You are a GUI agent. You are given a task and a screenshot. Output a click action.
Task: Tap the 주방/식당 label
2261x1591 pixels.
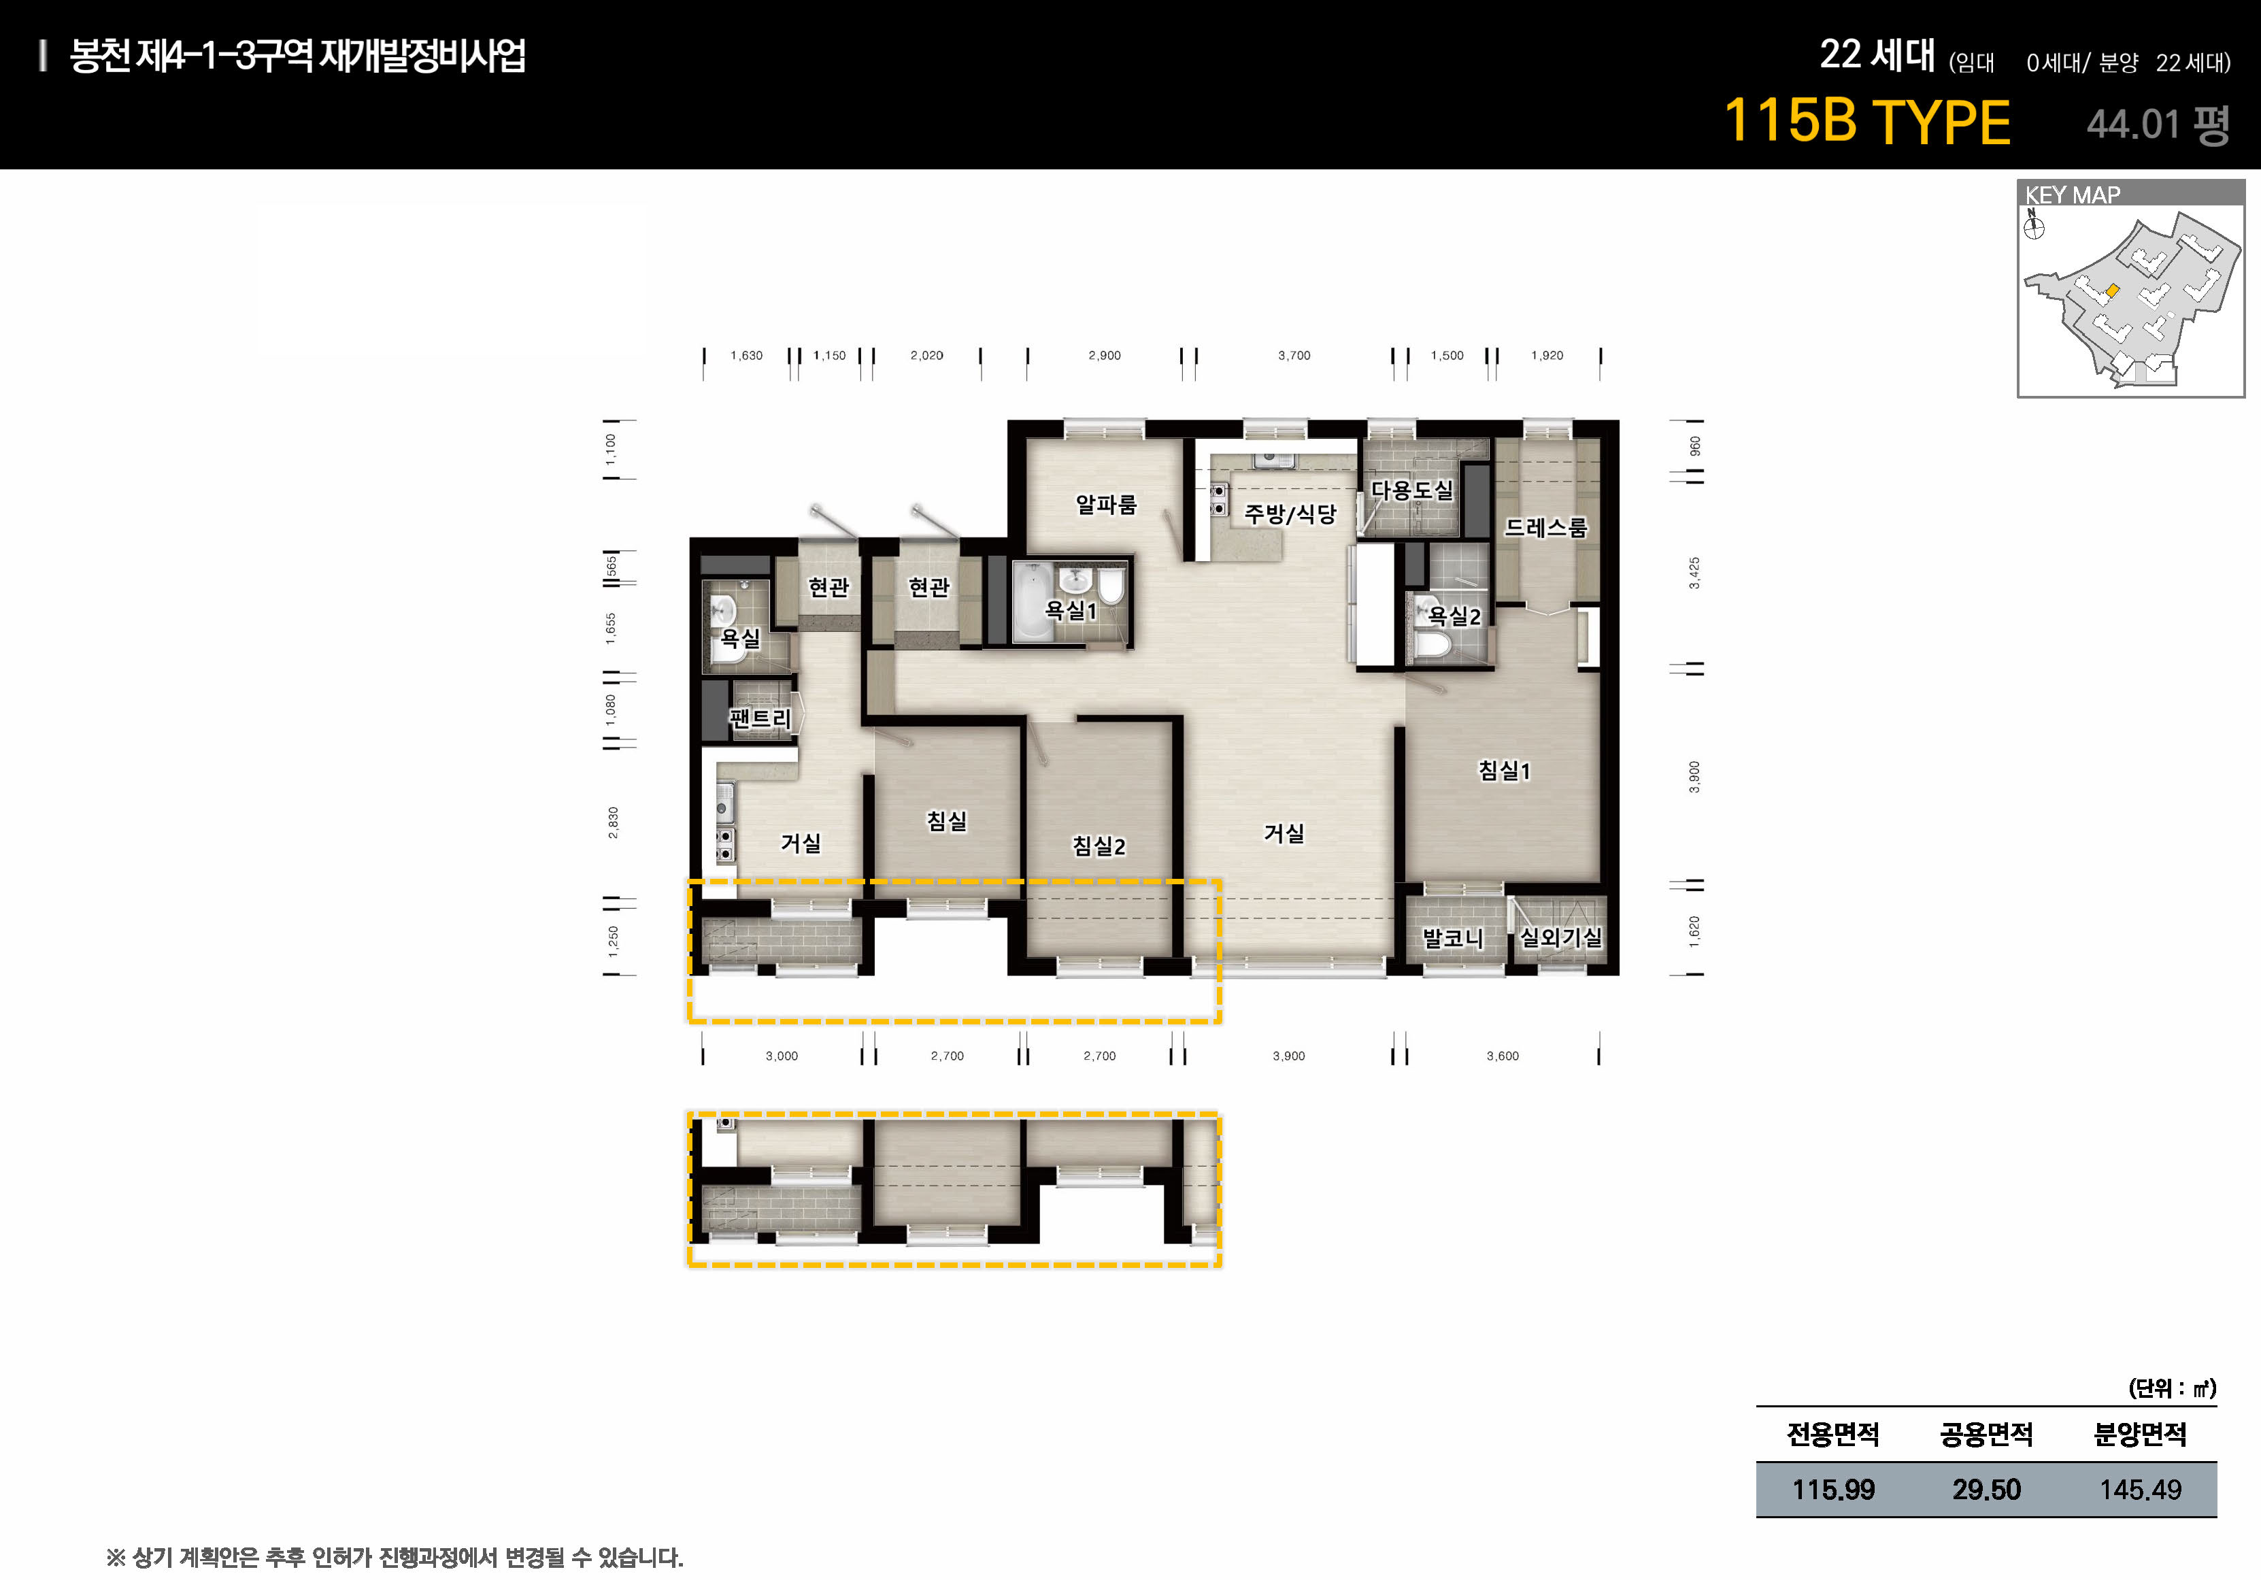1290,513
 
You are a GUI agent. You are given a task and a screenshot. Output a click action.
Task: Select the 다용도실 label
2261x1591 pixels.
1412,489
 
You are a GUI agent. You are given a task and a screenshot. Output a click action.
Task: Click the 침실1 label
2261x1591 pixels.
1505,771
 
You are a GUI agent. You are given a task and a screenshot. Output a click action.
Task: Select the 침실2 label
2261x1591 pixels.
1099,845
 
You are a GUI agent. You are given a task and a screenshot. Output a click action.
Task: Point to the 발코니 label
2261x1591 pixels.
1452,938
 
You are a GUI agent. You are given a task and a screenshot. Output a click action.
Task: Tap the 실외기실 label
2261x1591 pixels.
1561,937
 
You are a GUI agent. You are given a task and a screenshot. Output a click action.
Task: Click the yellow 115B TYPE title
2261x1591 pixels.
1867,122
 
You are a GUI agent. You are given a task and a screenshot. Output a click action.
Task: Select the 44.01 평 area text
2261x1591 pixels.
2158,124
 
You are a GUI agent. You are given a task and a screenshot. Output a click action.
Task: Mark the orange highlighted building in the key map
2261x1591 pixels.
2112,290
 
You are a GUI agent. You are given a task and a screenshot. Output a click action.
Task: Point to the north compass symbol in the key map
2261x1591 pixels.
2034,227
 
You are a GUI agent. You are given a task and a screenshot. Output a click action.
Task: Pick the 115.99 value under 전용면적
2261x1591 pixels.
1834,1490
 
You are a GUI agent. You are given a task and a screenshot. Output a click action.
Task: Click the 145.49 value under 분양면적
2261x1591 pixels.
2141,1490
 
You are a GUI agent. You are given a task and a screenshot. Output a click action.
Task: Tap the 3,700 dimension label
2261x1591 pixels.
1294,356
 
